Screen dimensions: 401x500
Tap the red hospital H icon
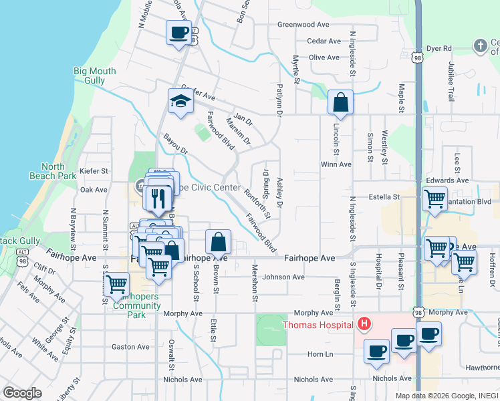(x=364, y=325)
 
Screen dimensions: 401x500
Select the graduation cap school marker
(x=180, y=102)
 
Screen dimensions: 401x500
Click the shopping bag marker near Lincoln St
(x=340, y=104)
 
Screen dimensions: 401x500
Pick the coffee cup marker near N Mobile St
(x=178, y=33)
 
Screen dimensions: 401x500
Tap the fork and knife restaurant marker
(x=158, y=198)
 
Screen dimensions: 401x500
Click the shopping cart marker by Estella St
(x=435, y=198)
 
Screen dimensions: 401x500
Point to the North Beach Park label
(x=58, y=171)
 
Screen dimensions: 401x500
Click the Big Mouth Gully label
(x=94, y=76)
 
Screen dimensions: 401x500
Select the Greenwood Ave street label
(x=305, y=25)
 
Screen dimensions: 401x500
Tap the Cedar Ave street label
(x=315, y=41)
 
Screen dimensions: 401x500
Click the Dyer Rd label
(x=439, y=49)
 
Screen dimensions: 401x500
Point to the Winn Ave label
(x=336, y=164)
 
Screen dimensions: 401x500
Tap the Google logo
(x=22, y=393)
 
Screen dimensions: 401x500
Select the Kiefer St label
(x=94, y=171)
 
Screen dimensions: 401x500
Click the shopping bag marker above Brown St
(x=218, y=242)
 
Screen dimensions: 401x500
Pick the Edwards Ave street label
(x=447, y=180)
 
